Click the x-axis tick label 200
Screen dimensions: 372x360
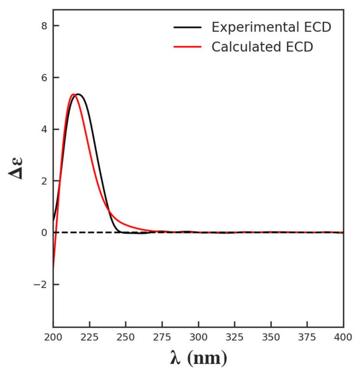[53, 337]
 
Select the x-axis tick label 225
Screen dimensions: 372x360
[89, 337]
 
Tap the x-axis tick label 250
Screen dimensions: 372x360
[125, 337]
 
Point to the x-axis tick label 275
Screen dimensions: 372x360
[162, 337]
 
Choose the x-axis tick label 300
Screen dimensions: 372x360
[198, 337]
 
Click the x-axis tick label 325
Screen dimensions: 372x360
[235, 337]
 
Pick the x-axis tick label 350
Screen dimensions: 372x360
[271, 337]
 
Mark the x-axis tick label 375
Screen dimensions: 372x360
[307, 337]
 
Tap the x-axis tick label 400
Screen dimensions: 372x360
[343, 337]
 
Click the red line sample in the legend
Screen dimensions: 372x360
[188, 47]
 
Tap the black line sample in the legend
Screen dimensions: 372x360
[188, 27]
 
